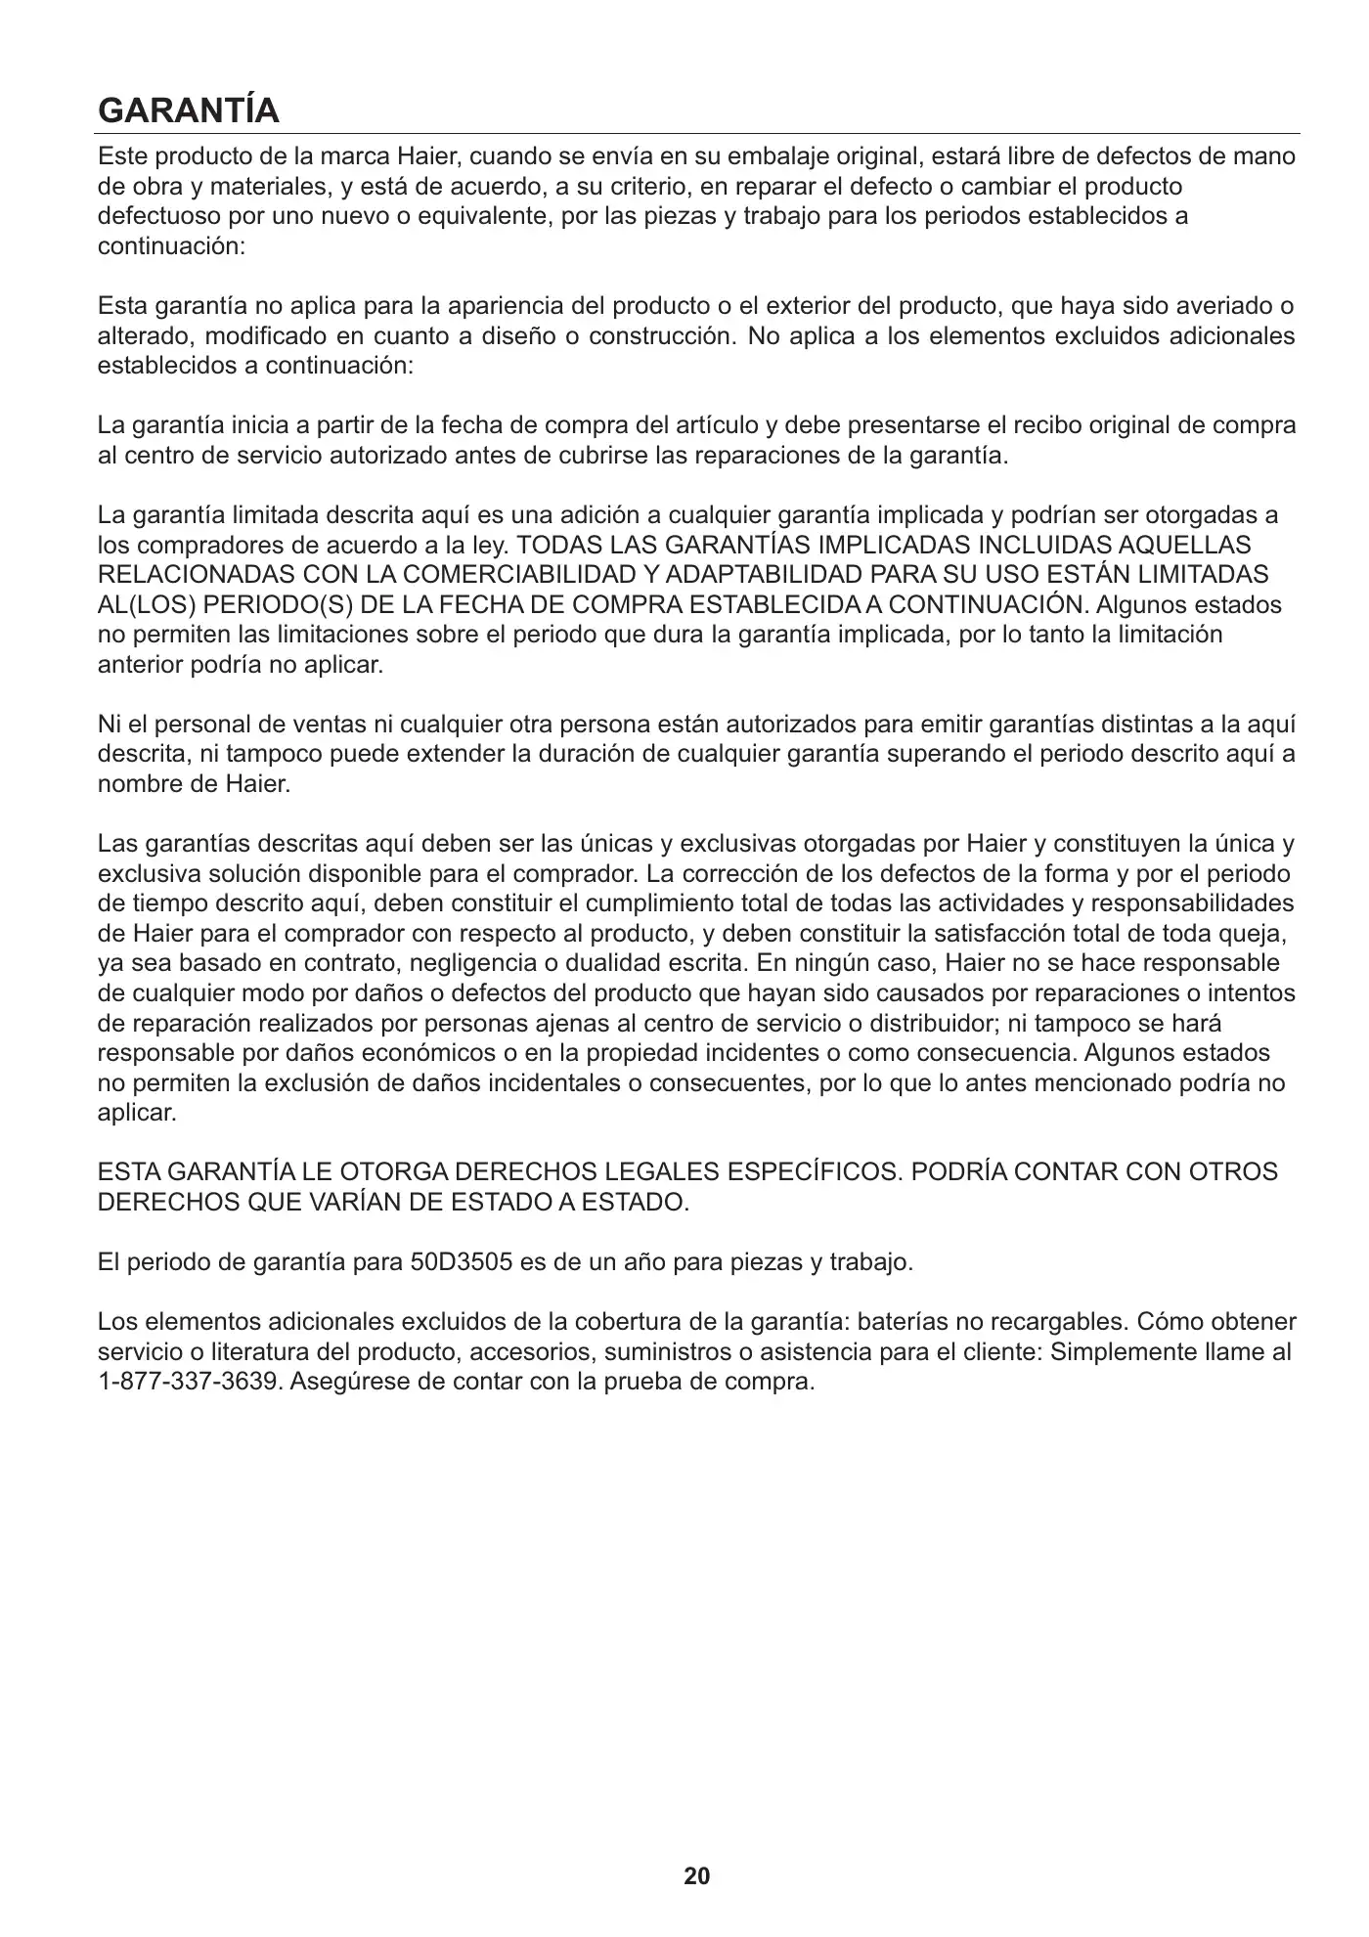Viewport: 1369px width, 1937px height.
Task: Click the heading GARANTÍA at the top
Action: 189,110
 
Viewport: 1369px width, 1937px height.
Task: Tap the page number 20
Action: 697,1875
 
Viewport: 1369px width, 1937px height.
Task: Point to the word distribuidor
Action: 938,1024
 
